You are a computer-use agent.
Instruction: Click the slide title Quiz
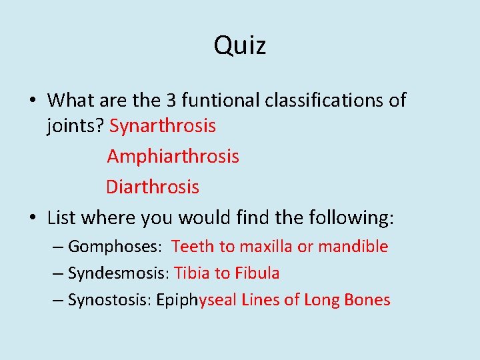[240, 45]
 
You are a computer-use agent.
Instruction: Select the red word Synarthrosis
[163, 125]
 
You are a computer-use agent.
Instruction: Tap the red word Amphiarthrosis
[173, 157]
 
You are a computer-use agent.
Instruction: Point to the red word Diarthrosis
[152, 187]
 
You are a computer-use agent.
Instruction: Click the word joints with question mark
[75, 125]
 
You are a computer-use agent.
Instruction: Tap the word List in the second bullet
[61, 217]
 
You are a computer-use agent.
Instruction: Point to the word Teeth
[192, 247]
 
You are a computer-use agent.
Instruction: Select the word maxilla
[266, 247]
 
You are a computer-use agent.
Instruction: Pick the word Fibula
[257, 273]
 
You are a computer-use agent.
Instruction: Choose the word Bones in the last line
[367, 300]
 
